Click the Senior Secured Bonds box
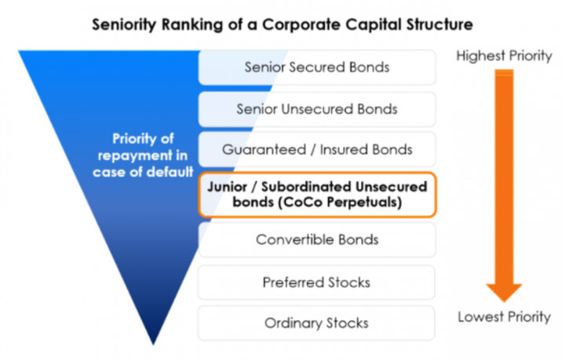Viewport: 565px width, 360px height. pyautogui.click(x=317, y=67)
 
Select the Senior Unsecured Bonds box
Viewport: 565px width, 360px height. pyautogui.click(x=317, y=109)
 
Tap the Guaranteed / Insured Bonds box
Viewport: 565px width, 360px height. pyautogui.click(x=317, y=149)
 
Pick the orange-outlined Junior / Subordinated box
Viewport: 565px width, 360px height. pyautogui.click(x=317, y=195)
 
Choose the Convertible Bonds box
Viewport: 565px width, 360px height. pyautogui.click(x=317, y=239)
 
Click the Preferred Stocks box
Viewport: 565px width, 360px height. pyautogui.click(x=317, y=282)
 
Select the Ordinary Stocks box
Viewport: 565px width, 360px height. pyautogui.click(x=317, y=323)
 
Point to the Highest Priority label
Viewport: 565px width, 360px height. pyautogui.click(x=504, y=56)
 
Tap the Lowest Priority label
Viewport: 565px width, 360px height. pyautogui.click(x=505, y=317)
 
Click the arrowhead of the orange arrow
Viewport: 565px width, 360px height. pyautogui.click(x=504, y=293)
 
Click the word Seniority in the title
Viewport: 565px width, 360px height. pyautogui.click(x=124, y=25)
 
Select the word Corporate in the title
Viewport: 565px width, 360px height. pyautogui.click(x=301, y=25)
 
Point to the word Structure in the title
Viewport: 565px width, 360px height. pyautogui.click(x=439, y=24)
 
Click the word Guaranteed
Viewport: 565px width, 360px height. pyautogui.click(x=264, y=149)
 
